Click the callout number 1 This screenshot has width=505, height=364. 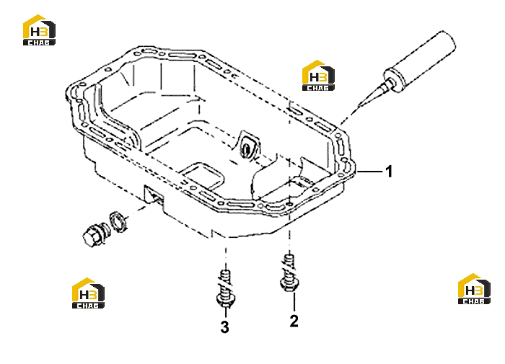[389, 172]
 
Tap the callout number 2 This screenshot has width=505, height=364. [294, 321]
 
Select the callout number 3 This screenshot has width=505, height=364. [225, 327]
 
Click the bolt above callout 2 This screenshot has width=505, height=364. [289, 273]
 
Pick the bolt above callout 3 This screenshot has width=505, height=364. [225, 289]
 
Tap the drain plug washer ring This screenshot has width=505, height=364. [118, 221]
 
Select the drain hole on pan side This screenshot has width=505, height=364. [154, 195]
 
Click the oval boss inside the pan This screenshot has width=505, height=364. [247, 146]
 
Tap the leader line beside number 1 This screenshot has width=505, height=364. [369, 172]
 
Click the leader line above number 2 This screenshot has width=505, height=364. [294, 302]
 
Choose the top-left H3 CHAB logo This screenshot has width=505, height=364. [39, 30]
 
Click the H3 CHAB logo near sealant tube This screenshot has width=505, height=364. [318, 75]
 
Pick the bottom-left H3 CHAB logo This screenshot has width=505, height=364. [88, 293]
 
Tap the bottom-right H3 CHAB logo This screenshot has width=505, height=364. [474, 289]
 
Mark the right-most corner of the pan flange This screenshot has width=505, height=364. [355, 169]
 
